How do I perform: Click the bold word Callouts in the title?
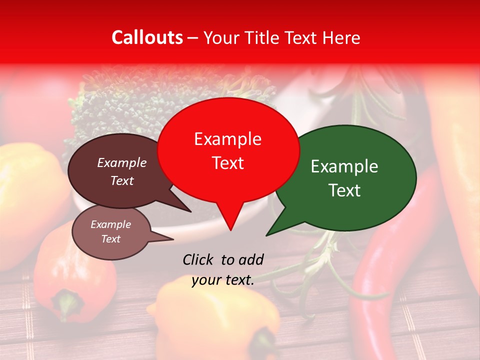[x=147, y=37]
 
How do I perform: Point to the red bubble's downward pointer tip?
[x=230, y=230]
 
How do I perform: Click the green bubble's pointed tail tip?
[x=266, y=235]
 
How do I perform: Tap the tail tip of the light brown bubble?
[x=173, y=239]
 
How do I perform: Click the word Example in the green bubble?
[x=344, y=166]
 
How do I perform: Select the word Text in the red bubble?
[x=228, y=163]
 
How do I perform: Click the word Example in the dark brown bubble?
[x=122, y=162]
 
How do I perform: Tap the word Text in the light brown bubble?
[x=110, y=239]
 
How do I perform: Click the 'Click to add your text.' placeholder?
[x=223, y=269]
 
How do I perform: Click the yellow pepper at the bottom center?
[x=215, y=320]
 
